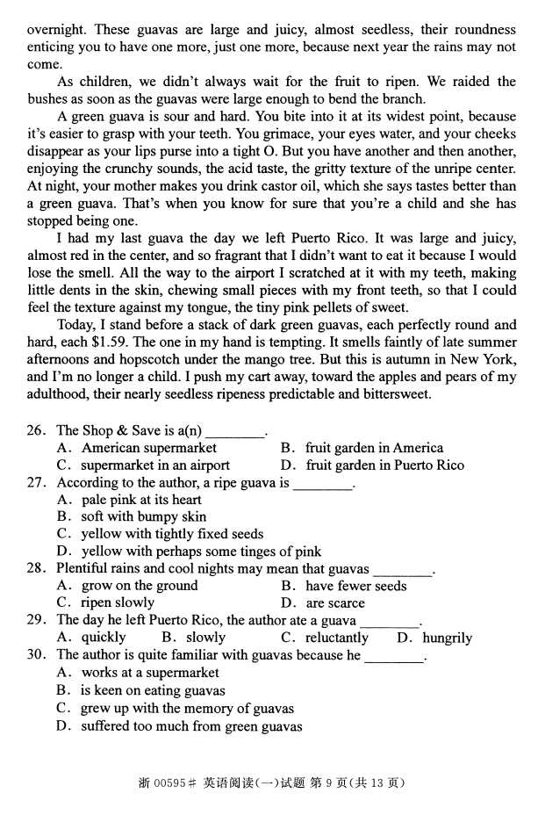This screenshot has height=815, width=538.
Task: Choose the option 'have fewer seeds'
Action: [355, 586]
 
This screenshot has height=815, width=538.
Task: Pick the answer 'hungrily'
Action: [447, 638]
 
